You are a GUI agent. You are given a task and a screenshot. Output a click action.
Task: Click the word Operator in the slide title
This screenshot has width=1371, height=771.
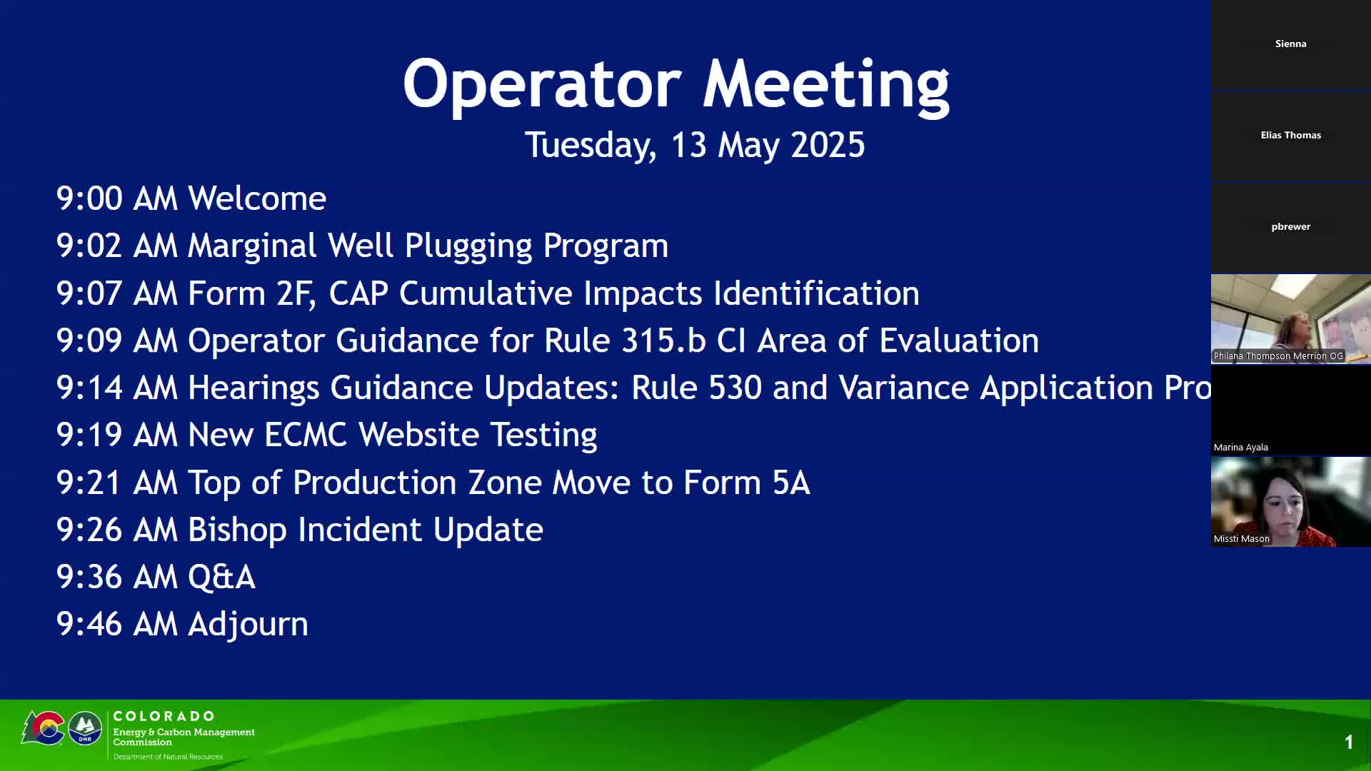coord(542,84)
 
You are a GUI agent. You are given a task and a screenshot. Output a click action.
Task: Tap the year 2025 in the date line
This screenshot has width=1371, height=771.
coord(828,145)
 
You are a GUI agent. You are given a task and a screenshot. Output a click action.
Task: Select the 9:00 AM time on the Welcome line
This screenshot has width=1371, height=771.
coord(116,198)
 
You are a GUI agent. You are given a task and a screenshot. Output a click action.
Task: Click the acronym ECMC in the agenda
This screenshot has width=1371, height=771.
coord(306,435)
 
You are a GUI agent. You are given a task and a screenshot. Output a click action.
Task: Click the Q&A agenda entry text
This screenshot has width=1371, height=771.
coord(221,578)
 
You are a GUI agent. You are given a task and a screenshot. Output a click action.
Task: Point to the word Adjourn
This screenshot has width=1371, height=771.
coord(248,625)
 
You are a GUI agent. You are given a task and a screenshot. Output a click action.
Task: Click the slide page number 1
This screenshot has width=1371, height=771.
coord(1349,742)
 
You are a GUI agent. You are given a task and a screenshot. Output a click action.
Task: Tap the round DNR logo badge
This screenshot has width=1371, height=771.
coord(85,728)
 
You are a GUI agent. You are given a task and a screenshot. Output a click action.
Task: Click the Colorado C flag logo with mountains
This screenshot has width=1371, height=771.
coord(44,728)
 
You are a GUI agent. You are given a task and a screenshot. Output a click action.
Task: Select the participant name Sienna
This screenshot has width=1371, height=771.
coord(1291,44)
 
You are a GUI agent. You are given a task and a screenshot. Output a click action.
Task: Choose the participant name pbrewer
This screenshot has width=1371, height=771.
coord(1291,227)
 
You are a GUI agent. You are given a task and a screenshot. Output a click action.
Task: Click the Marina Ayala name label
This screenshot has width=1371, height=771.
coord(1241,448)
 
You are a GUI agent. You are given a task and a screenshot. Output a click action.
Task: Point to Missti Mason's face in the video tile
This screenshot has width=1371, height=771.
coord(1284,503)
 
